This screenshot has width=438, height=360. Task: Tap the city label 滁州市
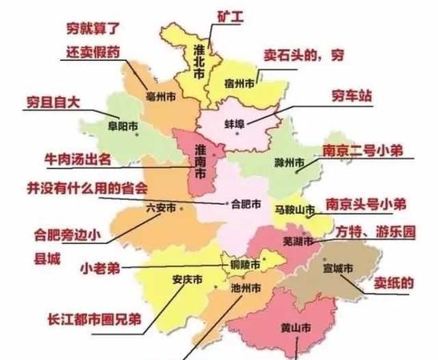(x=288, y=165)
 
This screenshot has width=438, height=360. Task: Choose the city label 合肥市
(x=245, y=204)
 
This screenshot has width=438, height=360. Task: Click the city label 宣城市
(x=339, y=270)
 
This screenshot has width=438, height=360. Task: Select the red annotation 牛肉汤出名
(x=87, y=160)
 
